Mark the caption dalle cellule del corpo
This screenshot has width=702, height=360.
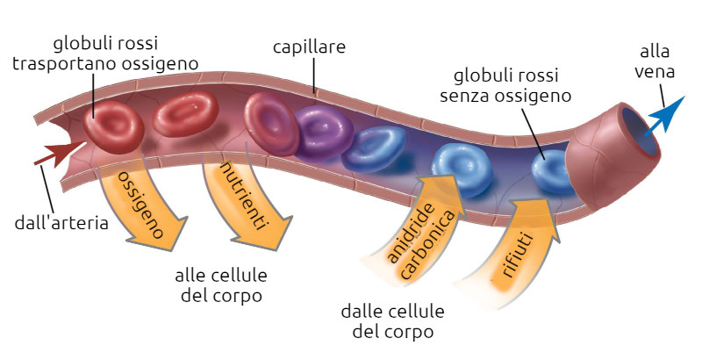(393, 321)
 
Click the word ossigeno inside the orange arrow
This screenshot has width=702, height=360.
(143, 201)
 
